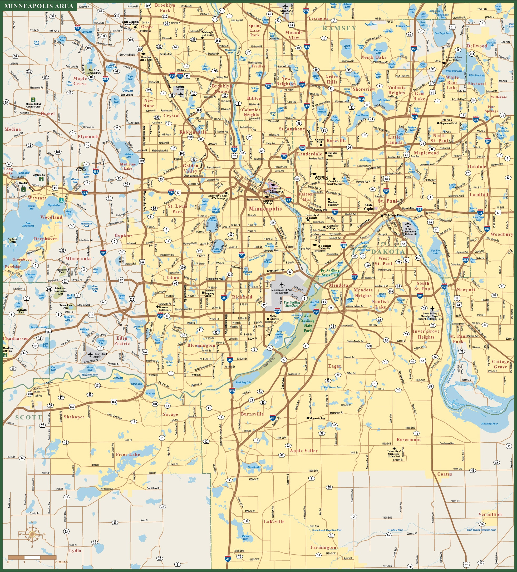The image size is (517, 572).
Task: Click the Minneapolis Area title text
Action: point(39,6)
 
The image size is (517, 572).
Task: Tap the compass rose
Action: point(32,534)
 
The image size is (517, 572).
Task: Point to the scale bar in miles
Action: point(32,557)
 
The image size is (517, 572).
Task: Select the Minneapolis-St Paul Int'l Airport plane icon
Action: point(281,285)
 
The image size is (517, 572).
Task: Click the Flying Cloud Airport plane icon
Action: point(90,354)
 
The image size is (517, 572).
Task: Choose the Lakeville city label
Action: point(274,521)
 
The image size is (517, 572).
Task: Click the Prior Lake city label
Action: point(128,454)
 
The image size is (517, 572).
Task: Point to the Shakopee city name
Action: point(74,417)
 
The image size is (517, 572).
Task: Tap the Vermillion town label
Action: point(490,514)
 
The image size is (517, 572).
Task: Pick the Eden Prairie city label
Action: point(122,340)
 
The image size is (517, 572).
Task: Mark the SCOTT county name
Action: point(29,417)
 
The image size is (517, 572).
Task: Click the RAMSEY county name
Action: point(339,28)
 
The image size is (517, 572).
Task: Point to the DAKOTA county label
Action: point(388,252)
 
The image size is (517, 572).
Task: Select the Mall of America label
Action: point(274,317)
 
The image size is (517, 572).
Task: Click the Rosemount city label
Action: point(409,439)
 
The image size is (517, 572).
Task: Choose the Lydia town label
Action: point(75,551)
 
